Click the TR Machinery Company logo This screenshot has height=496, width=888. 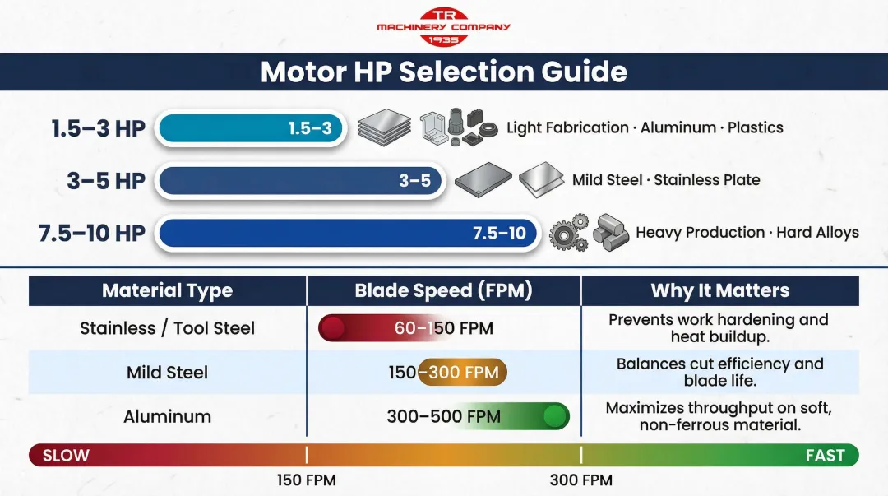coord(443,26)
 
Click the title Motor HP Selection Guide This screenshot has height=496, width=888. coord(443,72)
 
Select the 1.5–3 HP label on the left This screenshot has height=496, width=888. coord(98,128)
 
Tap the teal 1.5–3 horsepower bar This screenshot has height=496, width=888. coord(251,128)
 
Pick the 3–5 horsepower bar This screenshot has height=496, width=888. coord(301,181)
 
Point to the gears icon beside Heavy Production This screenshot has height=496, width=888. coord(568,234)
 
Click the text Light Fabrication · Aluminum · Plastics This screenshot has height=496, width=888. coord(645,127)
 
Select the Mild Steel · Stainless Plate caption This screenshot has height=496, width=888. coord(666,180)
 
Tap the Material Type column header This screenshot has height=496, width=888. coord(167,290)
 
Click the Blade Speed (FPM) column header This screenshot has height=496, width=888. coord(443,290)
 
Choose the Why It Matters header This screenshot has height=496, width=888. coord(719,290)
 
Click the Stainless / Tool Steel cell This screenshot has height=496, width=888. coord(167,328)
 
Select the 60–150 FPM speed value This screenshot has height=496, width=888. coord(443,329)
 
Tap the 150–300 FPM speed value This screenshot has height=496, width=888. coord(444,373)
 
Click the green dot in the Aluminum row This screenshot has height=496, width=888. coord(556,416)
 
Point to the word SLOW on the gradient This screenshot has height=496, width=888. coord(66,456)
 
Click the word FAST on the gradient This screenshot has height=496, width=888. coord(825,456)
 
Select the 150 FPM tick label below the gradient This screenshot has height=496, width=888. coord(306,480)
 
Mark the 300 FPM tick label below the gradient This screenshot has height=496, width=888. coord(580,480)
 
